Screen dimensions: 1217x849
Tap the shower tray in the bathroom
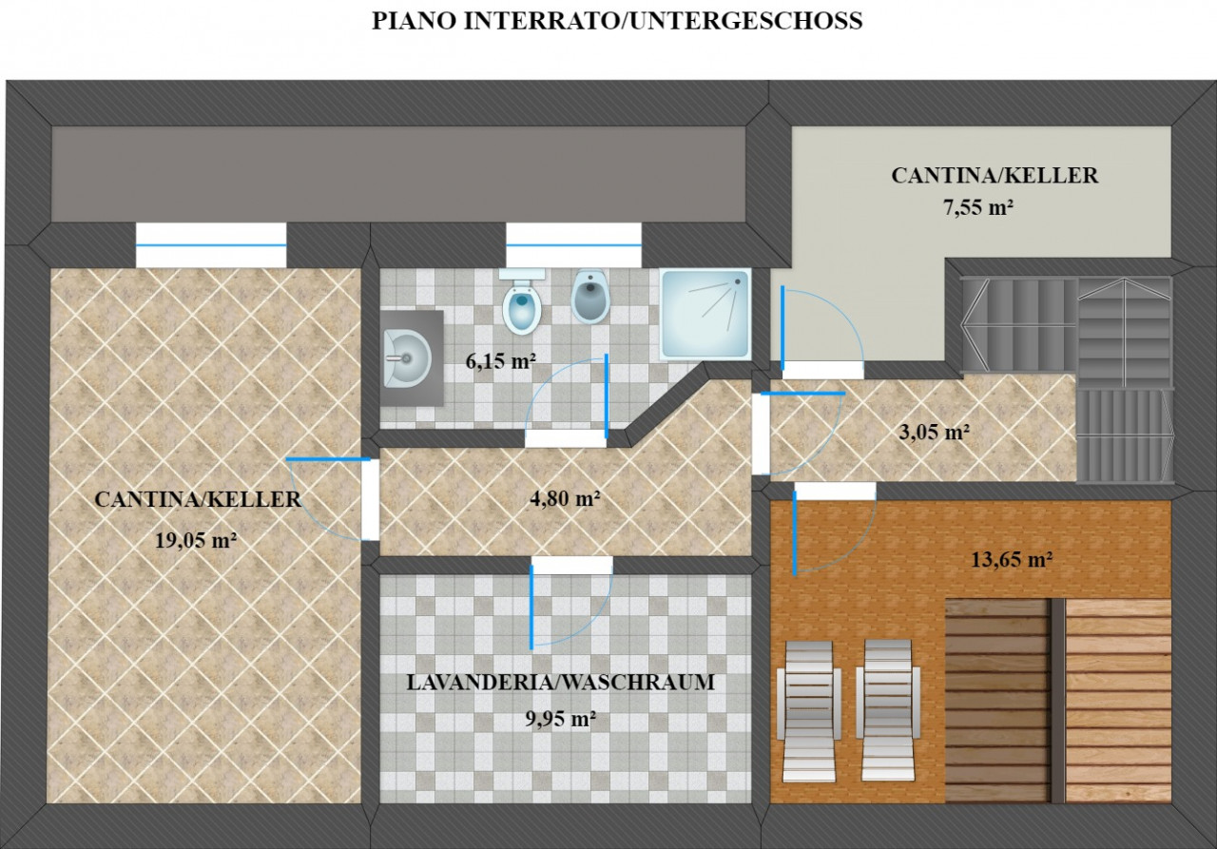click(705, 314)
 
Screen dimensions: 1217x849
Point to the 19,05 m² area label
click(196, 541)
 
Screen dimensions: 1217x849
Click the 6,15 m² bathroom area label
click(501, 361)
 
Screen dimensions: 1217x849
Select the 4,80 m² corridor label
click(565, 498)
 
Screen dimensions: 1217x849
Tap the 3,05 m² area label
click(935, 433)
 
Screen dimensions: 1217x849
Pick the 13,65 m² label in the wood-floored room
click(1012, 559)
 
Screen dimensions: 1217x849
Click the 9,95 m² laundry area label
click(561, 719)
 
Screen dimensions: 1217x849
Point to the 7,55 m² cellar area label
click(978, 207)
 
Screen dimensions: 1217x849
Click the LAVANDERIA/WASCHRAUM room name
click(561, 683)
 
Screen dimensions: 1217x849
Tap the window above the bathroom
click(573, 245)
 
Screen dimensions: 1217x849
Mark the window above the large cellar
click(211, 245)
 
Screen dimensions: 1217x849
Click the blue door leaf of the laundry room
click(531, 607)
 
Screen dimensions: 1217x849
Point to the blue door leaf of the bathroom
click(607, 396)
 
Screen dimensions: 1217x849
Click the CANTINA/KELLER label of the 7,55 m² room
click(995, 176)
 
